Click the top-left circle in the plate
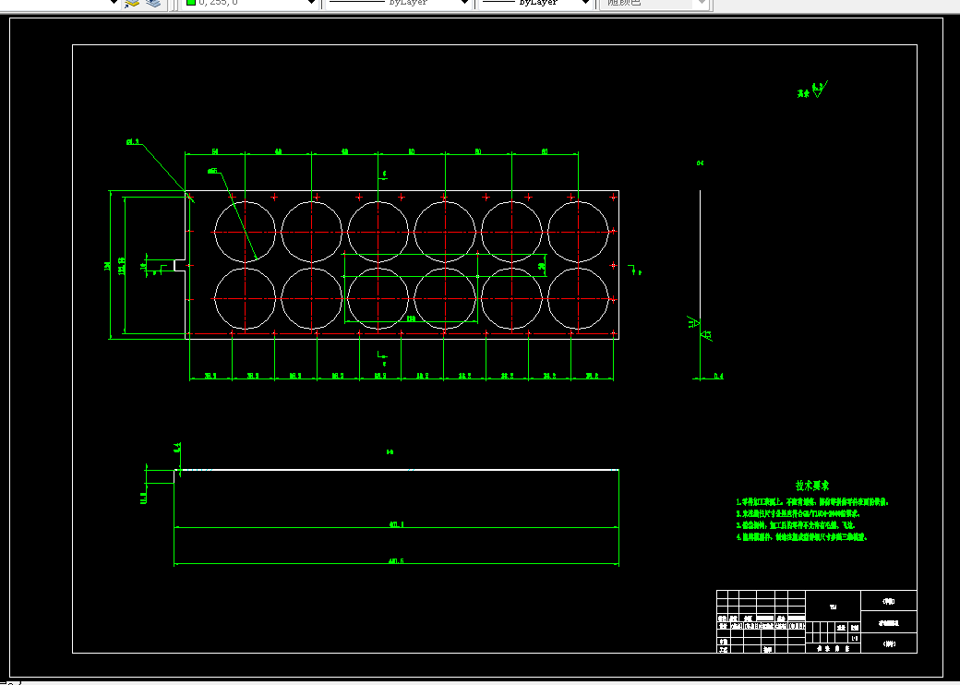245,229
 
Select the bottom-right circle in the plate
579,299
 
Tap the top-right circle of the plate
579,229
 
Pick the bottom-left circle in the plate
245,299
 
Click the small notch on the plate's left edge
180,265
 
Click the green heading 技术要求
813,486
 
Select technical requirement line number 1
812,501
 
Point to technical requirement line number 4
801,536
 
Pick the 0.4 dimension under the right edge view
718,376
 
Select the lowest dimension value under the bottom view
397,560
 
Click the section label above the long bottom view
390,452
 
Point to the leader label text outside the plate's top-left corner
132,142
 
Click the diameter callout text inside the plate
213,171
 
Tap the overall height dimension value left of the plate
108,266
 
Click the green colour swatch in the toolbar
190,3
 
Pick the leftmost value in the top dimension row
214,150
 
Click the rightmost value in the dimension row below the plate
593,376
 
